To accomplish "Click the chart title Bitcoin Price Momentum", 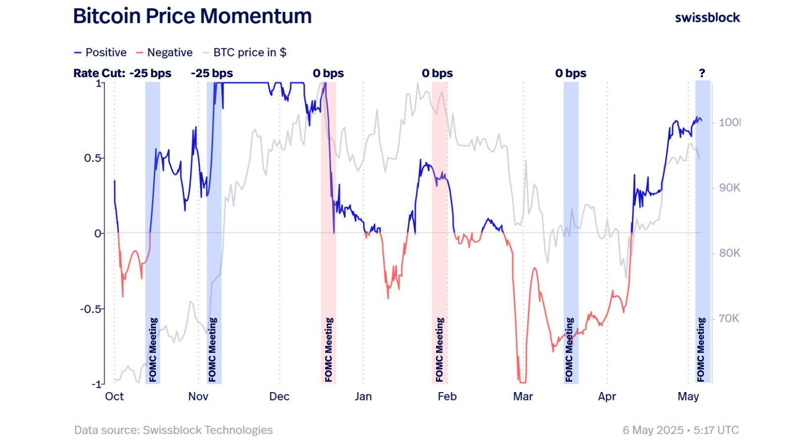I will (192, 16).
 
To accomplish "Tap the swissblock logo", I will (707, 18).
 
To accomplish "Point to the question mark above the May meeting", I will (702, 73).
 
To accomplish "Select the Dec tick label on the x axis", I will (279, 397).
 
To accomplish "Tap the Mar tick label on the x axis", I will (523, 397).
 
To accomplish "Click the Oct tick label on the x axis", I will (114, 397).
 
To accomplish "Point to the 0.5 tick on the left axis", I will (93, 158).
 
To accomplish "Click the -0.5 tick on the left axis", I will (91, 309).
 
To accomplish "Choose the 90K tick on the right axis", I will (729, 188).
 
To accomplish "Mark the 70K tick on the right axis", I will (729, 318).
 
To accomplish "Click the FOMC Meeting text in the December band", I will (329, 350).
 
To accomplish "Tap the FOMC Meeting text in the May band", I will (701, 350).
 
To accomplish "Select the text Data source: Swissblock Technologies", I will (173, 430).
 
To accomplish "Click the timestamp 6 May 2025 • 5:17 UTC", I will (681, 430).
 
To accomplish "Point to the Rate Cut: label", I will (99, 73).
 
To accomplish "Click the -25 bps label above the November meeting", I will (212, 73).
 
